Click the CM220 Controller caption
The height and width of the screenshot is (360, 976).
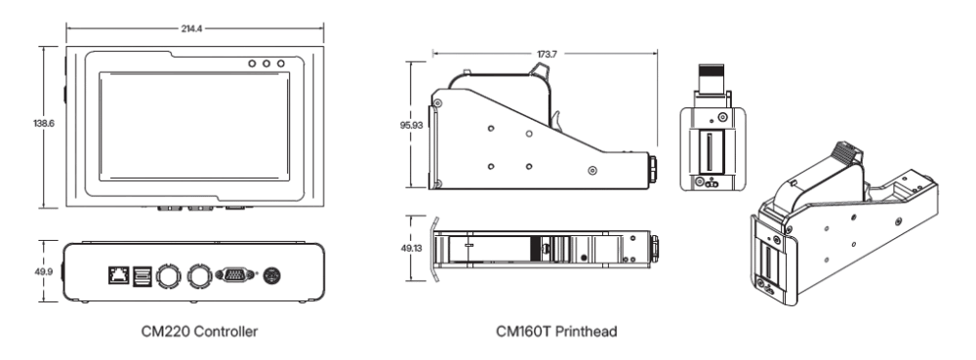point(198,332)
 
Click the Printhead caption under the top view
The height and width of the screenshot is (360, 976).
point(555,332)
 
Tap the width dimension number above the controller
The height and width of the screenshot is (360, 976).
point(191,30)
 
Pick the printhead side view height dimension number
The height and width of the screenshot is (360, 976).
point(411,124)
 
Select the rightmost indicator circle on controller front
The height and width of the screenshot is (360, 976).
point(282,62)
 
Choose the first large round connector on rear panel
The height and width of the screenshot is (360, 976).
point(169,276)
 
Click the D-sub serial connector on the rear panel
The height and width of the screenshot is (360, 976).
point(235,276)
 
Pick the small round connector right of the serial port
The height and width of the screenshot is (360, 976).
point(274,276)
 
